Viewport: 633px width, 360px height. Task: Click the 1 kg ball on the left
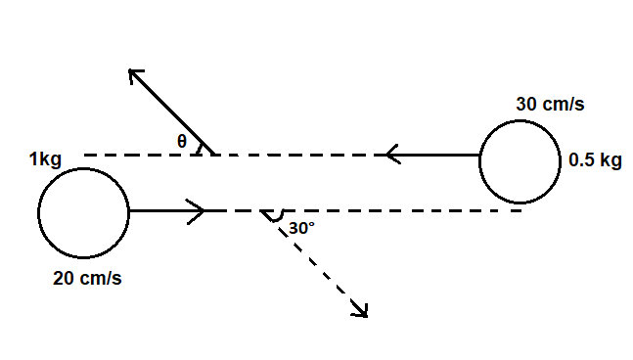point(83,211)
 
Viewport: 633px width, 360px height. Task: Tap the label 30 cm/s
point(550,104)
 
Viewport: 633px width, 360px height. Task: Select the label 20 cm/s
point(87,278)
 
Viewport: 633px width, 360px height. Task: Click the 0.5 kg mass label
point(595,162)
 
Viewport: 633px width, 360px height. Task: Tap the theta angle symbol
point(182,141)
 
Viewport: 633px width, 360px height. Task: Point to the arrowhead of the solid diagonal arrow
point(135,74)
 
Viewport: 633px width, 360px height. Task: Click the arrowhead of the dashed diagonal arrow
point(361,311)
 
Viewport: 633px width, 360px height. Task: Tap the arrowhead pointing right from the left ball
point(196,210)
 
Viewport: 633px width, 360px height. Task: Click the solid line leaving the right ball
point(440,155)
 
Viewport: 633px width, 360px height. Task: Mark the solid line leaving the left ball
point(161,210)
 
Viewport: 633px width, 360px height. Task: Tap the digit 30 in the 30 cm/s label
point(526,104)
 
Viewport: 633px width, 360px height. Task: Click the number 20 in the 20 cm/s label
point(64,278)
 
